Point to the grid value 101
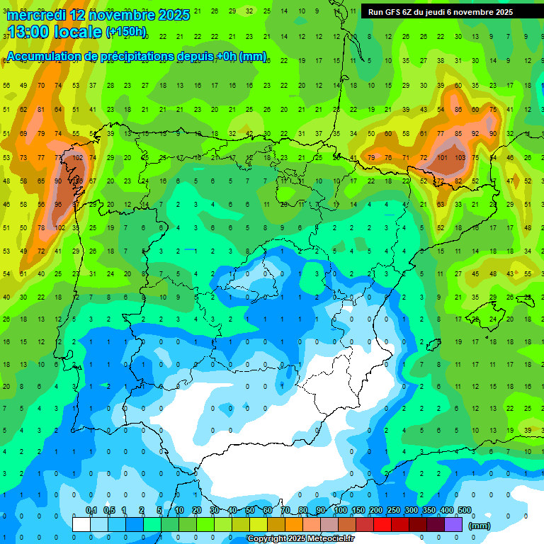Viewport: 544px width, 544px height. (442, 157)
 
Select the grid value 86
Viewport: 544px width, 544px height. (458, 110)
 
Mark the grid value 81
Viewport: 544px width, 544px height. (41, 110)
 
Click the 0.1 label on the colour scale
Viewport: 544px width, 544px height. (91, 511)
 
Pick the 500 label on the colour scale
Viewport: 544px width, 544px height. (465, 511)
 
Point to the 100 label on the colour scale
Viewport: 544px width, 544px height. (341, 511)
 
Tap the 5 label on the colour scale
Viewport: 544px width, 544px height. (161, 511)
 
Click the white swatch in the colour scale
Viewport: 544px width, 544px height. (81, 524)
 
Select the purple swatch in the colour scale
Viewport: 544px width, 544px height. (453, 524)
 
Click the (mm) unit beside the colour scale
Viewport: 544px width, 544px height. (480, 526)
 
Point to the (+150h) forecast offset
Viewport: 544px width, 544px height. (125, 32)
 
